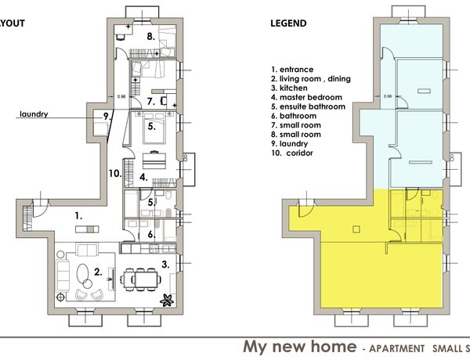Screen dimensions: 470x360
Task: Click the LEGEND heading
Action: click(x=288, y=23)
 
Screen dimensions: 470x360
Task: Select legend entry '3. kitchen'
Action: click(x=289, y=88)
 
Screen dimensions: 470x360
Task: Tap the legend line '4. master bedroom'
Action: click(x=306, y=97)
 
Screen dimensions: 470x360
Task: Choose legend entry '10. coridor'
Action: click(x=292, y=153)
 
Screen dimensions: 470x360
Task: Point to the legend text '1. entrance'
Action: click(x=292, y=70)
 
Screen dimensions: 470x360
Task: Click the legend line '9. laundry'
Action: click(x=290, y=144)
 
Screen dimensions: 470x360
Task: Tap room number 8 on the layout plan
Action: click(x=151, y=37)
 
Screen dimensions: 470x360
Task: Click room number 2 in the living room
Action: click(x=98, y=272)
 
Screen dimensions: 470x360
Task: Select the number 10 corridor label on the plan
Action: click(x=115, y=174)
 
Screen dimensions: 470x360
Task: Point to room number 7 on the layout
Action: click(x=151, y=102)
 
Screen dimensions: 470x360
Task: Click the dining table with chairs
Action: click(x=140, y=279)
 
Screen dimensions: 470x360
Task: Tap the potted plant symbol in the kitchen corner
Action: click(x=167, y=301)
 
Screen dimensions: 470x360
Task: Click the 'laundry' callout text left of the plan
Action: click(x=34, y=114)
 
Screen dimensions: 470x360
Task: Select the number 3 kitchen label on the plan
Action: click(x=165, y=265)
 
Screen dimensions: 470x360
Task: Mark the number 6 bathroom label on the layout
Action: click(x=151, y=235)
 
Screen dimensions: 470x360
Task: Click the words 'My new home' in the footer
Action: click(x=300, y=347)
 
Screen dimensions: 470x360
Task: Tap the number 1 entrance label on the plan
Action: click(x=78, y=216)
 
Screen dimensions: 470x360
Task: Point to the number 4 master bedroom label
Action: click(x=143, y=178)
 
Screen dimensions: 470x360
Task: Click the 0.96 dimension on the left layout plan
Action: click(x=121, y=96)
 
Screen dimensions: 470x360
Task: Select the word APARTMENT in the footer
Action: click(x=396, y=348)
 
